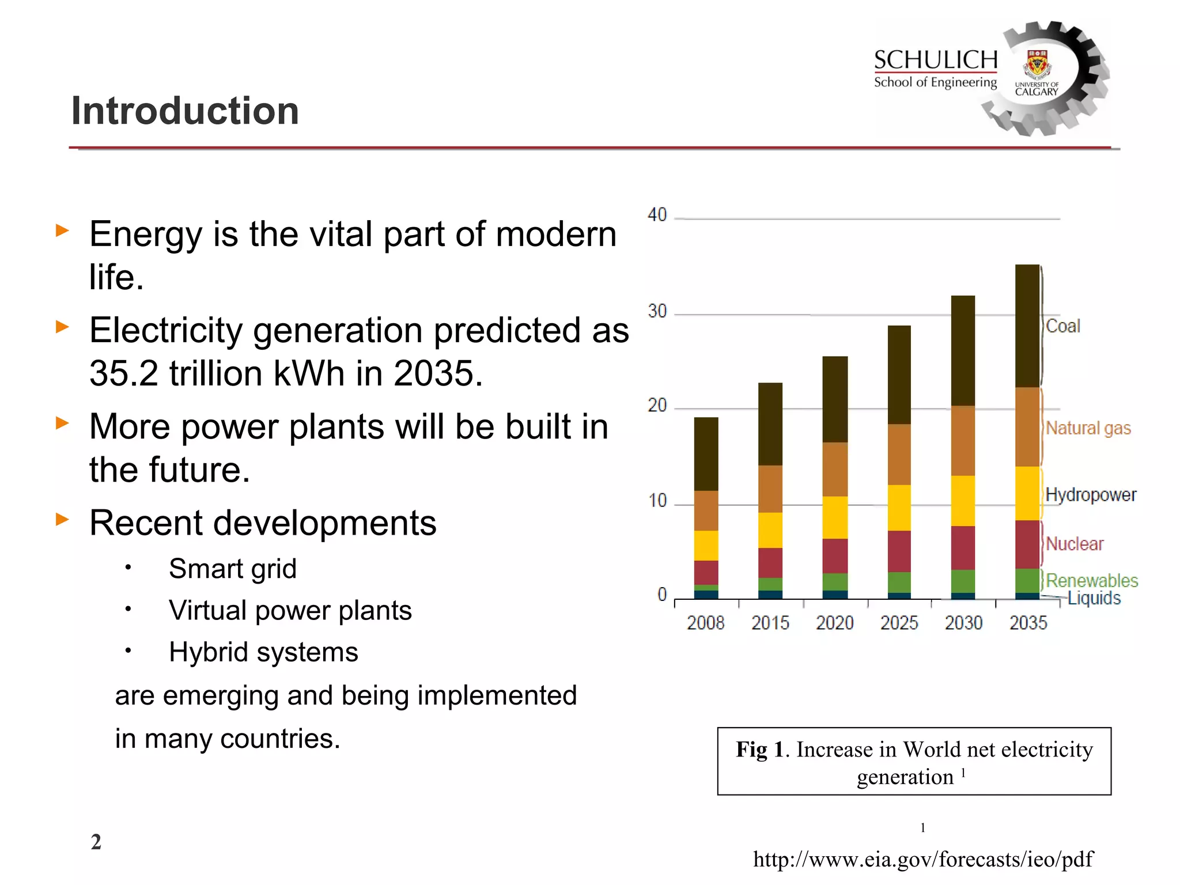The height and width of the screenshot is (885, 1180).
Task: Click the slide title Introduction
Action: point(185,111)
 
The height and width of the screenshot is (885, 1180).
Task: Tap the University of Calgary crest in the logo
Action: point(1037,64)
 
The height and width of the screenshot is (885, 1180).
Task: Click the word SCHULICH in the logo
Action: point(936,60)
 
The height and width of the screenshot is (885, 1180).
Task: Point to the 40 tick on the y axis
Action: point(657,215)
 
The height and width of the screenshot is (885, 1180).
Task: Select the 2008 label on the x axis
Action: point(706,623)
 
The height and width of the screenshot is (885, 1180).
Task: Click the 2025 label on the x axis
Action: point(899,623)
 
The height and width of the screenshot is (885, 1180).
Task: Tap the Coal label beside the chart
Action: point(1063,326)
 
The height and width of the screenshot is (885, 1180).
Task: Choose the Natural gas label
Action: point(1088,428)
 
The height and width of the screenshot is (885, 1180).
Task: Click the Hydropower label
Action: point(1091,495)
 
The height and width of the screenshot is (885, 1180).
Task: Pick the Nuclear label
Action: point(1075,544)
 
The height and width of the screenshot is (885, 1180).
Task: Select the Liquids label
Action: point(1094,598)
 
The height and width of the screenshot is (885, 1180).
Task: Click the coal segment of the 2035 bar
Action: point(1027,326)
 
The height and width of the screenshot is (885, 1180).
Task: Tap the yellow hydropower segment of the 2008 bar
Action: point(706,546)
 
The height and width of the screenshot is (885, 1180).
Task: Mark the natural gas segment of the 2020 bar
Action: point(835,470)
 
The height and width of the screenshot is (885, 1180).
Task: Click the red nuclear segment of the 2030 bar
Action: point(963,548)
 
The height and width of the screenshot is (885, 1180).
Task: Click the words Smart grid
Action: point(233,569)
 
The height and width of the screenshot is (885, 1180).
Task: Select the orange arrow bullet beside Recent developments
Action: point(62,519)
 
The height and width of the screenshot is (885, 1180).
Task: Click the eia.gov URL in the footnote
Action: point(923,860)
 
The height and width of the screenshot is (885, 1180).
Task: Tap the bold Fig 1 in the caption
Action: point(760,750)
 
